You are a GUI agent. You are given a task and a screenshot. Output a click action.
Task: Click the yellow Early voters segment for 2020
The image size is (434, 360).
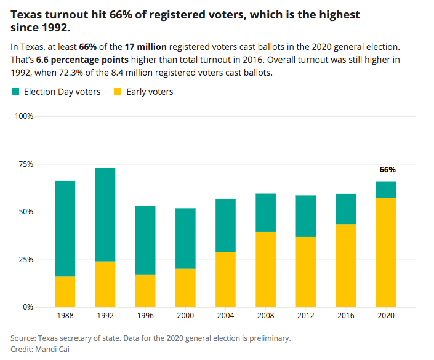386,252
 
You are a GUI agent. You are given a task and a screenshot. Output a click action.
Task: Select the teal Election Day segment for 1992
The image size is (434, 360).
105,214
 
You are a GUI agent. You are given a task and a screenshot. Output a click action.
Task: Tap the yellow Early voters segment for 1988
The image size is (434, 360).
65,291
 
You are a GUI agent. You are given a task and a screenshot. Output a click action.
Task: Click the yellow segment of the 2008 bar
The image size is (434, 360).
265,269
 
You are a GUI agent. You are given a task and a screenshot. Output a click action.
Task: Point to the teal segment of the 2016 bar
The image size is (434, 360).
345,209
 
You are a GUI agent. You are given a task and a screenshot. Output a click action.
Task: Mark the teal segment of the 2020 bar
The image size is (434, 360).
386,189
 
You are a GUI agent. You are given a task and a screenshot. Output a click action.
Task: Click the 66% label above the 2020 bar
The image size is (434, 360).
387,170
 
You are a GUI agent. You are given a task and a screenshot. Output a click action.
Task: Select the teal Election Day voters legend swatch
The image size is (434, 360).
15,92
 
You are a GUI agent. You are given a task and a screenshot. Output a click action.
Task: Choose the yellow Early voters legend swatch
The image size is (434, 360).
118,92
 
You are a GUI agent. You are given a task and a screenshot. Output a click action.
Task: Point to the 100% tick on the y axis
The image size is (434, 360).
23,116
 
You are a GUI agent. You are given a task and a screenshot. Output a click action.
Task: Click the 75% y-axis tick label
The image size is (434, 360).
25,164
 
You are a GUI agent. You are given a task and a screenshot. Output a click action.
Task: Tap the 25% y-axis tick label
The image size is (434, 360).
25,259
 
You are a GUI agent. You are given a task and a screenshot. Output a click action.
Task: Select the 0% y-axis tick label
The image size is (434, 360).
27,306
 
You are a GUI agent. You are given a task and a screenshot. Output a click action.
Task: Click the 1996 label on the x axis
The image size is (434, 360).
145,315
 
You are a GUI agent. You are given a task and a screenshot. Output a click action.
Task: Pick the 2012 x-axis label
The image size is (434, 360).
305,315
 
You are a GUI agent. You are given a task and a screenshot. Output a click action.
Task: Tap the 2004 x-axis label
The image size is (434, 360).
225,315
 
